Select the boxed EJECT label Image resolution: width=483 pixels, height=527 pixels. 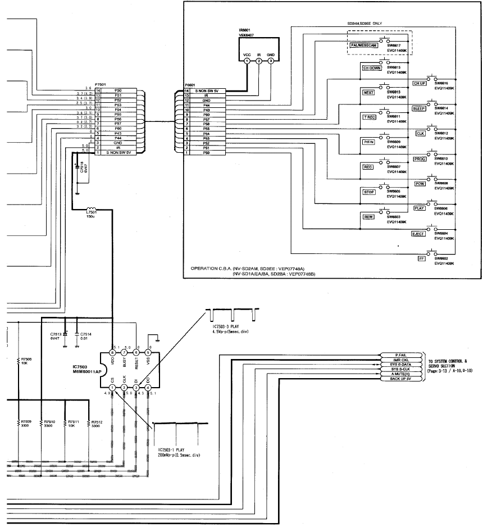pyautogui.click(x=417, y=233)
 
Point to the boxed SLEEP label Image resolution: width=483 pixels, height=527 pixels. pyautogui.click(x=418, y=108)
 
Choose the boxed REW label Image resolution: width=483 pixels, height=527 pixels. pyautogui.click(x=369, y=216)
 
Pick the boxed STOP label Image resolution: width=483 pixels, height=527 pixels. pyautogui.click(x=369, y=192)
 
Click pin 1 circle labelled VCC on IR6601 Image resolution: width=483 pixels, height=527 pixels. pyautogui.click(x=247, y=61)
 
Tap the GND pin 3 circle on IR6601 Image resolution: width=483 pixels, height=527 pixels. pyautogui.click(x=271, y=61)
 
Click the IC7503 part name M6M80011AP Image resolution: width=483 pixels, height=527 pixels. pyautogui.click(x=83, y=372)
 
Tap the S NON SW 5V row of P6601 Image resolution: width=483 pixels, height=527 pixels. pyautogui.click(x=208, y=90)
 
